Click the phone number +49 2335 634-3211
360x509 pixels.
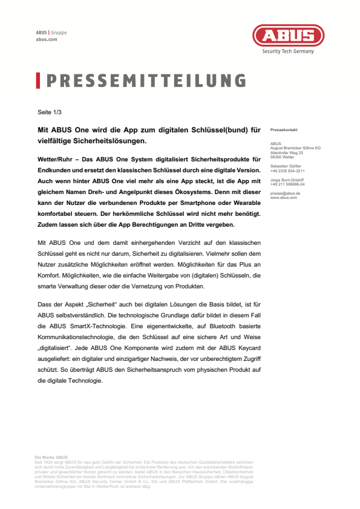coord(287,170)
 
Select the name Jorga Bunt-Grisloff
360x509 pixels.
coord(288,180)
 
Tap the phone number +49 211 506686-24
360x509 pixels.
coord(287,184)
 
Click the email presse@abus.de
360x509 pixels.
coord(286,193)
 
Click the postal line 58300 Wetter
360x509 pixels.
coord(282,156)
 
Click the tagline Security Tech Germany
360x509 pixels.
coord(287,51)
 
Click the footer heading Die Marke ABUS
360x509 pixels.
coord(51,458)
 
